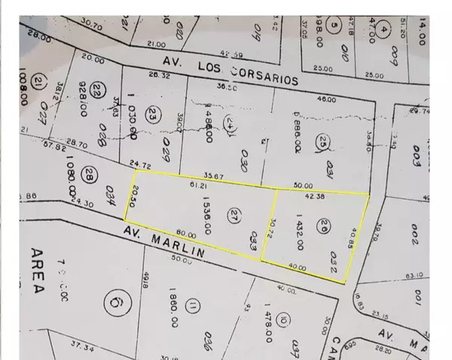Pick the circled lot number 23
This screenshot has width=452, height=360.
[154, 116]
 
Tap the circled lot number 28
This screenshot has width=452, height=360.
[89, 175]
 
